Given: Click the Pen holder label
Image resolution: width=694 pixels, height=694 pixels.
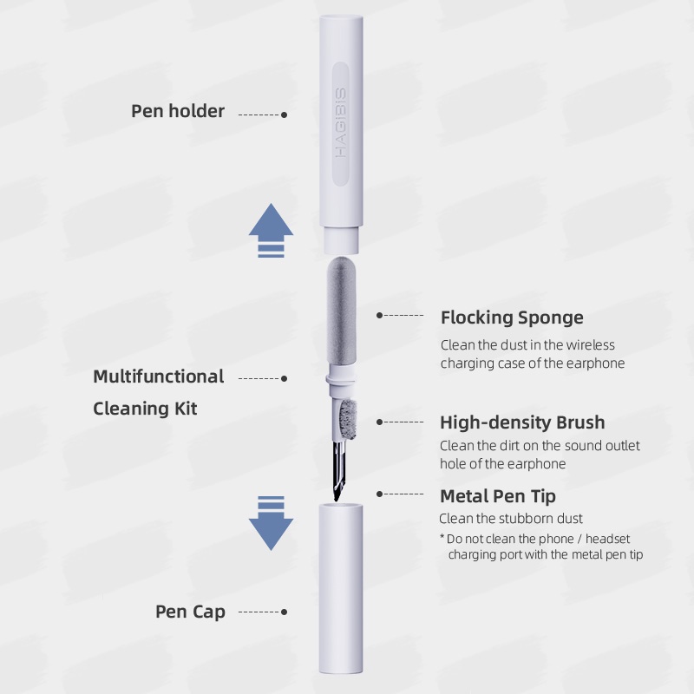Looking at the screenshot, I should (178, 111).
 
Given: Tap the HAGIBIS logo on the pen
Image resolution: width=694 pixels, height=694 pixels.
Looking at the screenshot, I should (341, 121).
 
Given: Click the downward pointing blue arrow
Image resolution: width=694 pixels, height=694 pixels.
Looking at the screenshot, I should (271, 523).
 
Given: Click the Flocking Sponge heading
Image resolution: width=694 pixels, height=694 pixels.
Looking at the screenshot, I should (512, 318).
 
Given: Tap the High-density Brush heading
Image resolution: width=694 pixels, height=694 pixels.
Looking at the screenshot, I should (522, 422).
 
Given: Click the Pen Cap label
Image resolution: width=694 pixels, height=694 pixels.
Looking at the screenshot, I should (190, 612).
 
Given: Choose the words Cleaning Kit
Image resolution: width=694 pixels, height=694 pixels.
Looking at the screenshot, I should (145, 408).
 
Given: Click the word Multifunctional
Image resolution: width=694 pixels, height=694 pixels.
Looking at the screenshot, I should (159, 376).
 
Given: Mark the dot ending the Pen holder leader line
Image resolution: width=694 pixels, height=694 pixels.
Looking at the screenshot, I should (285, 115).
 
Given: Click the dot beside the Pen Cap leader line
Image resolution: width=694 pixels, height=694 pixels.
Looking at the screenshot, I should (285, 612).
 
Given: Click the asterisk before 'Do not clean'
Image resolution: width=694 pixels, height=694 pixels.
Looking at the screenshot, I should (442, 539).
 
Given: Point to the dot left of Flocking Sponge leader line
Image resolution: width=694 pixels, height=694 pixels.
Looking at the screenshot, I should (379, 316).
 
